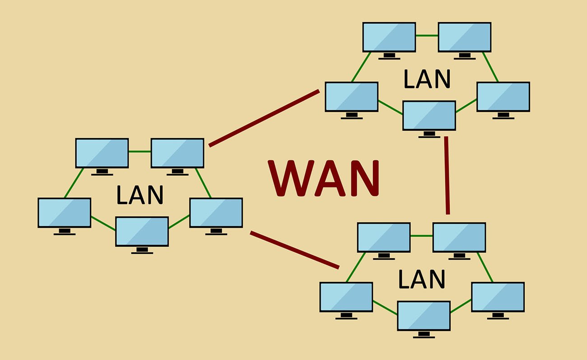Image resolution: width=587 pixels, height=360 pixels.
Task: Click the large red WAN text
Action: coord(324,178)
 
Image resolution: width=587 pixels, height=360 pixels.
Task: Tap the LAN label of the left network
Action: coord(140,195)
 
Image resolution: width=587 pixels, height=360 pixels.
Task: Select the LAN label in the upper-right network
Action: coord(427,79)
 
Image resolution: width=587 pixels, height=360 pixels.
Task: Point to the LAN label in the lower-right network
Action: coord(422,279)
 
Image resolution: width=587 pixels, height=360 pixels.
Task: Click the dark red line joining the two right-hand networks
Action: coord(447,175)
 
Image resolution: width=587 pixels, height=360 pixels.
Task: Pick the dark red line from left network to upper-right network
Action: coord(264,118)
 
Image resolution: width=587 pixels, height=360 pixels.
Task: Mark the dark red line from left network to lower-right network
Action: coord(294,250)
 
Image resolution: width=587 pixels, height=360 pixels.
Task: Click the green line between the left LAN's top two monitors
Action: coord(140,152)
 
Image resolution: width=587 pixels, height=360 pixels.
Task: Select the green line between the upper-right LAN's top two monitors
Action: coord(427,35)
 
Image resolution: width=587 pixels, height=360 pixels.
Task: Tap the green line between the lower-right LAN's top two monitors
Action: coord(421,236)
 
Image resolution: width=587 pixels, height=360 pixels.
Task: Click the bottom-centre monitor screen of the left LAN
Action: coord(142,232)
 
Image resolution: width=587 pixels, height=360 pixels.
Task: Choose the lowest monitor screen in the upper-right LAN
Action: coord(429,116)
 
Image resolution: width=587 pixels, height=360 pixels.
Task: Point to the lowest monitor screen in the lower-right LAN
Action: coord(424,316)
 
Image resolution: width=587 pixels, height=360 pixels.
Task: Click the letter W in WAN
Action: coord(291,178)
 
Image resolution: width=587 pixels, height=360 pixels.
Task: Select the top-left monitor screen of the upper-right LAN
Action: coord(389,37)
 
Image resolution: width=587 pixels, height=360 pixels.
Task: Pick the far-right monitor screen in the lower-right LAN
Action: coord(498,297)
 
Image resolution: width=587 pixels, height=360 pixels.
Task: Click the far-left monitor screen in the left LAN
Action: coord(65,213)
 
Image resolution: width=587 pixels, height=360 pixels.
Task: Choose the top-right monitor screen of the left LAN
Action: coord(177,153)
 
